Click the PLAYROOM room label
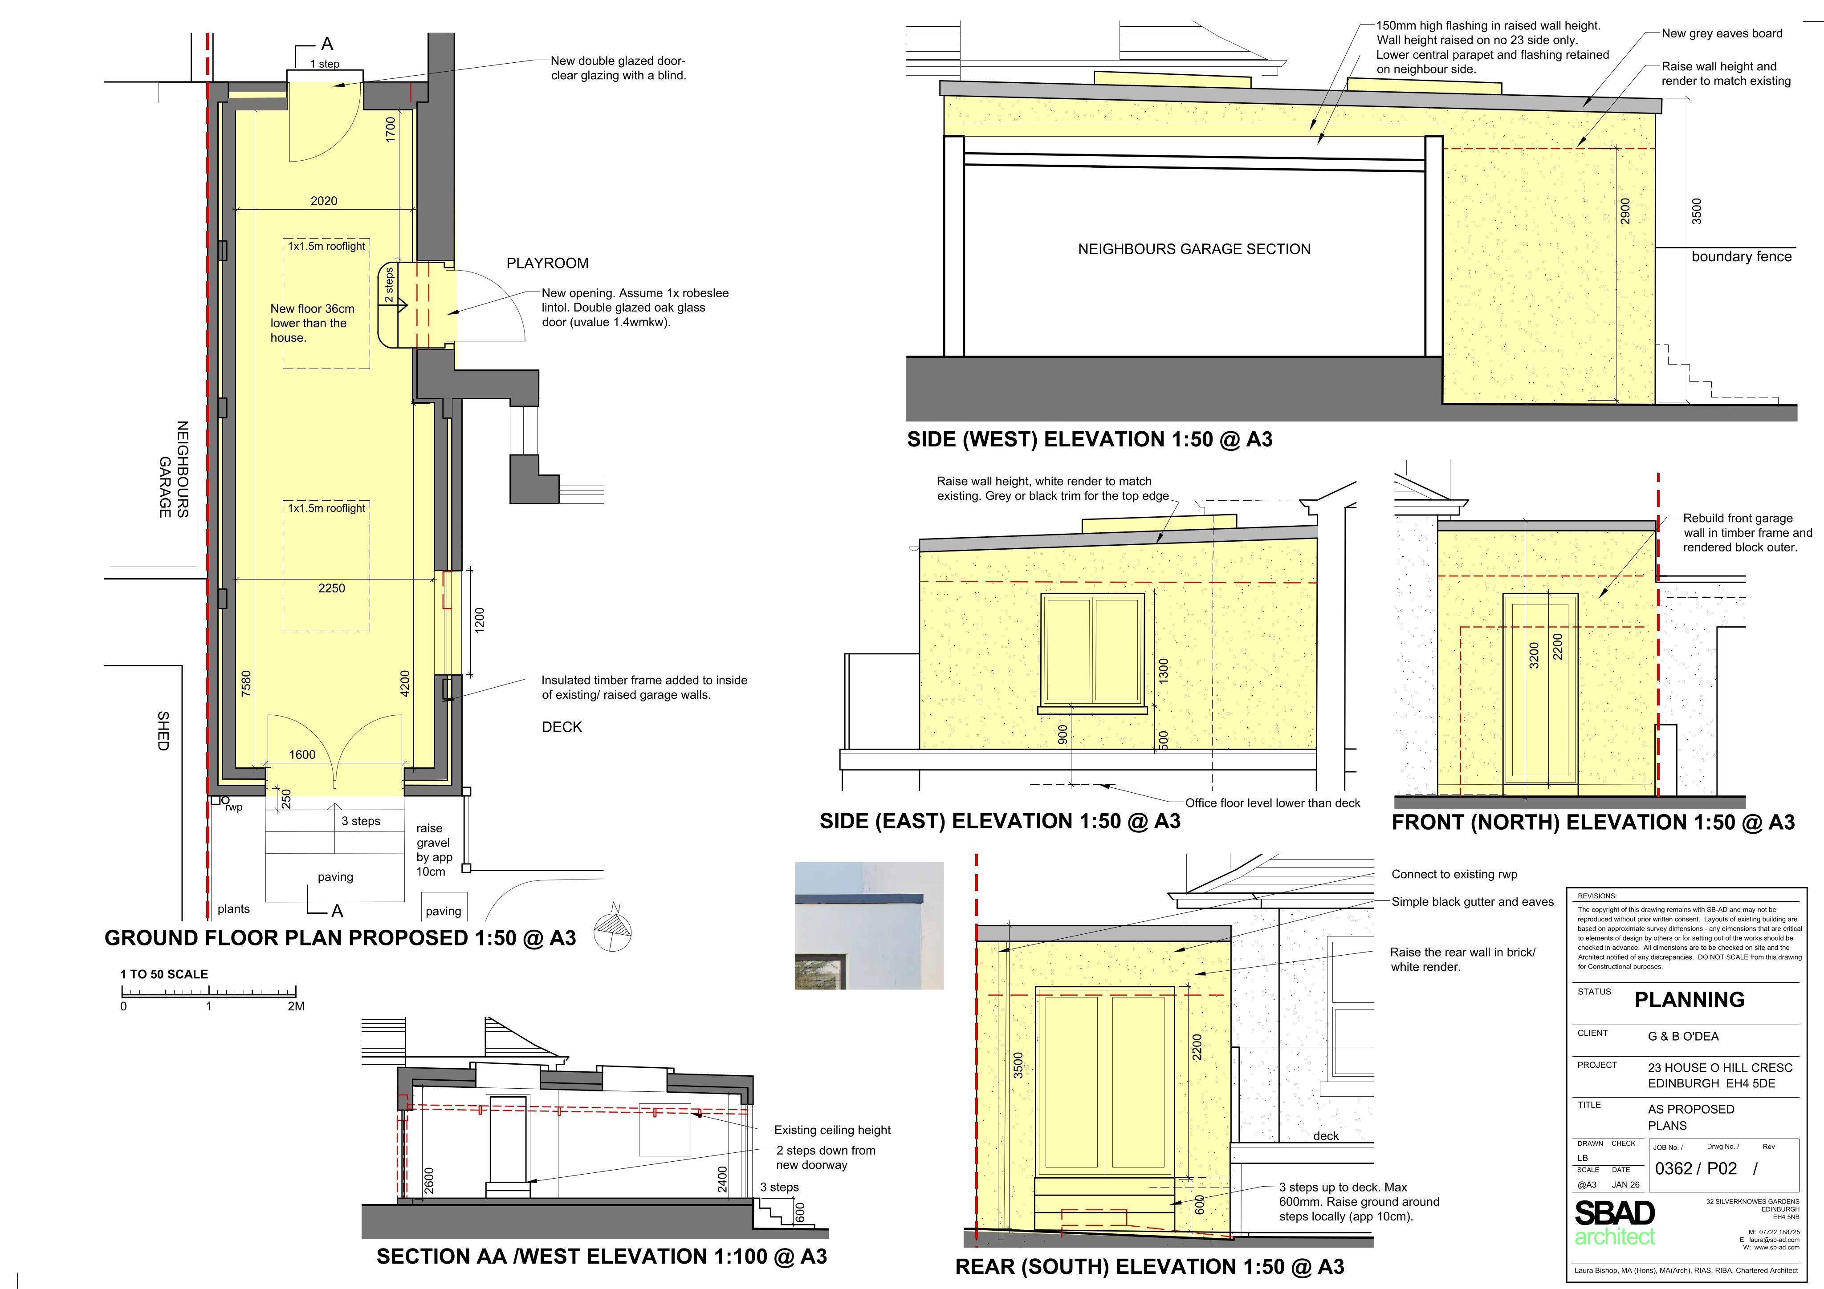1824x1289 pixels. click(547, 263)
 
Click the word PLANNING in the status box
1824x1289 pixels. click(1689, 999)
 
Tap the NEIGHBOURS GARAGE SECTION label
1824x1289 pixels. click(1194, 249)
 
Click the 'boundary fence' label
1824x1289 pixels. click(1741, 256)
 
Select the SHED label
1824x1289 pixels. click(163, 731)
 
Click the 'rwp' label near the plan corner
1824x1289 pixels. click(233, 807)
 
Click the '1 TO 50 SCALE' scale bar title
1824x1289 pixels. click(164, 974)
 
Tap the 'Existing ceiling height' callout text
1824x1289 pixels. click(833, 1130)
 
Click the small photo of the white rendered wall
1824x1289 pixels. click(869, 925)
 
